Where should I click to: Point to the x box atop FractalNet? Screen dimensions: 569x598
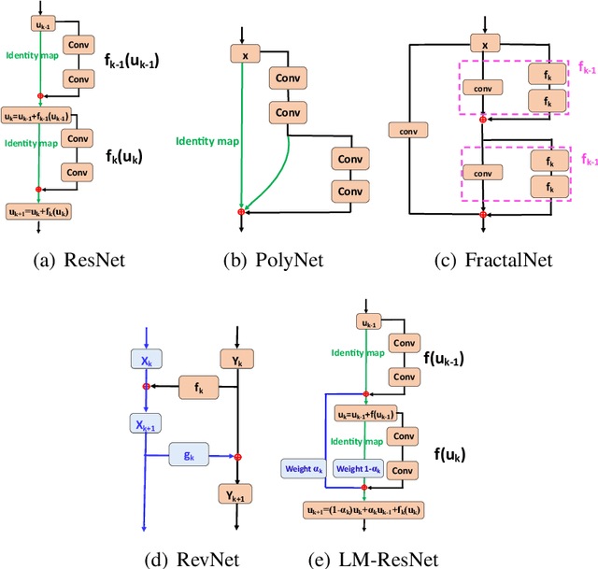point(483,44)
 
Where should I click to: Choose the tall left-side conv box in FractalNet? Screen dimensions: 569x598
point(407,130)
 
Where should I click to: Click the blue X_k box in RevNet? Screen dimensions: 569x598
point(145,361)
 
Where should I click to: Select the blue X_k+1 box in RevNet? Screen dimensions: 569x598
point(145,423)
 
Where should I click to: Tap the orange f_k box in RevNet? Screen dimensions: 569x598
point(198,385)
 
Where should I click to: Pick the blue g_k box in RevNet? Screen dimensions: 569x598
point(189,456)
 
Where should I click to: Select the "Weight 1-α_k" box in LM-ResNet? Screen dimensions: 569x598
point(358,467)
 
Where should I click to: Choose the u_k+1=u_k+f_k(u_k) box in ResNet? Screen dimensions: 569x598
point(38,211)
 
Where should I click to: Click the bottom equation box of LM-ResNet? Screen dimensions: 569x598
point(363,511)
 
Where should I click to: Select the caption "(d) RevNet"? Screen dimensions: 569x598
point(192,560)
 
